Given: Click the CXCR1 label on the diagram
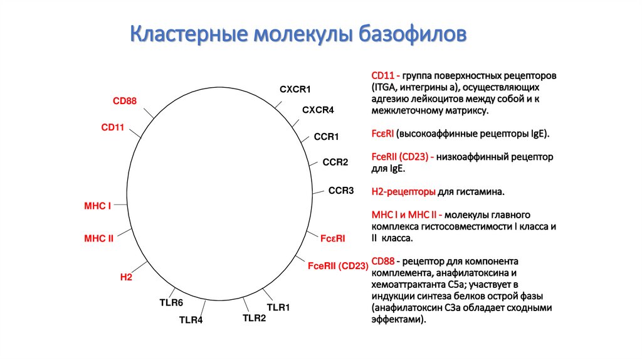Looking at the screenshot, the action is (x=295, y=89).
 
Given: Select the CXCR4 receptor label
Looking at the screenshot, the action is (x=318, y=110).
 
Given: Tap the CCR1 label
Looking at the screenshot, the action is (x=326, y=137).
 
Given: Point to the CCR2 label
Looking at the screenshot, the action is (x=335, y=162).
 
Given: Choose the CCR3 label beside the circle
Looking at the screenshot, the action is (x=341, y=191).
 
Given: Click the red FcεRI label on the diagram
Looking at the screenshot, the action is (x=332, y=238).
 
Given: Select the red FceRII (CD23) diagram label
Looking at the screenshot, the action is (x=338, y=266).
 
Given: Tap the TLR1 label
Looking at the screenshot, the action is (x=278, y=307).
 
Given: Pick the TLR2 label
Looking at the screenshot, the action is (x=255, y=318).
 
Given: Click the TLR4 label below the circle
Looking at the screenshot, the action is (x=191, y=320).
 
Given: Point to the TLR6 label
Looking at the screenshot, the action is (x=171, y=303).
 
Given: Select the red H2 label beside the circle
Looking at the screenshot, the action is (x=126, y=277).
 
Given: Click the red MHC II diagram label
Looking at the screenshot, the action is (x=98, y=238).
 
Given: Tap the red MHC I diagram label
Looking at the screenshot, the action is (x=97, y=206).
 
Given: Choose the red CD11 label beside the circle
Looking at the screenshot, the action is (x=113, y=127).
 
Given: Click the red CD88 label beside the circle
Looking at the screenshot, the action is (x=125, y=101).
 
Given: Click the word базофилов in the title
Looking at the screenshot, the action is (x=413, y=34).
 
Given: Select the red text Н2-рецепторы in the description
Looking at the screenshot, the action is (x=403, y=192).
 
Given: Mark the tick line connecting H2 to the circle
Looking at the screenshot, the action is (x=139, y=267).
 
